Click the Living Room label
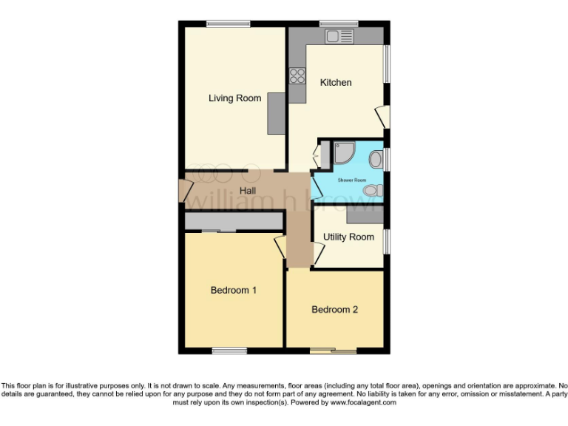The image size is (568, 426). (x=234, y=98)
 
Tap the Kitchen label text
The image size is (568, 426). (x=336, y=83)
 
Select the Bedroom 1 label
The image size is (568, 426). (x=233, y=291)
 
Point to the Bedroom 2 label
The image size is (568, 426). (x=334, y=310)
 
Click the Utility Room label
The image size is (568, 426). (x=348, y=237)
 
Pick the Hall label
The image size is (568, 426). (x=247, y=191)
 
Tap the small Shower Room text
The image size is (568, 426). (x=352, y=180)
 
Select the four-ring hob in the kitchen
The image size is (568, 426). (x=297, y=75)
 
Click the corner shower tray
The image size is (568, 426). (x=344, y=152)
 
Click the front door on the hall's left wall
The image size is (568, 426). (x=183, y=191)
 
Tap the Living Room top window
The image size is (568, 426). (x=228, y=24)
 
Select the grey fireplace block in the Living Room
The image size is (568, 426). (x=276, y=113)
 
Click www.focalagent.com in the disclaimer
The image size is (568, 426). (x=363, y=403)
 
